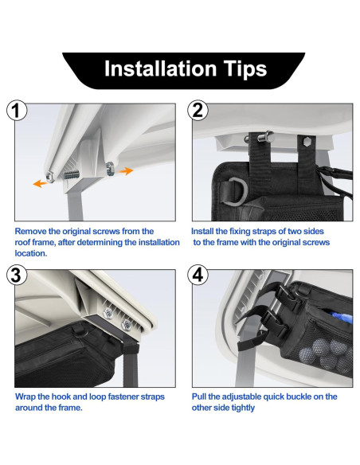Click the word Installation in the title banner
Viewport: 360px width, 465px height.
(x=160, y=68)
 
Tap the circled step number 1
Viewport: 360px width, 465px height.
(x=17, y=110)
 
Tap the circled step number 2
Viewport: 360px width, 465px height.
(x=198, y=110)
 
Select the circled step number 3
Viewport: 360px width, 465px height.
(x=17, y=275)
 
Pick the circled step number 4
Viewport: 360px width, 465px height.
(x=198, y=275)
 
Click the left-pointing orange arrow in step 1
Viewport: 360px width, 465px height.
(x=40, y=184)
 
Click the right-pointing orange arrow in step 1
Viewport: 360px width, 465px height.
(x=126, y=171)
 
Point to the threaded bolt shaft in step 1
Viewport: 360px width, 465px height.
(x=72, y=174)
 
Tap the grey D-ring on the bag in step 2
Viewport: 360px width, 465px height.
(x=236, y=191)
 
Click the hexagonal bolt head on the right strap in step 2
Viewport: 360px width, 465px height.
(x=307, y=142)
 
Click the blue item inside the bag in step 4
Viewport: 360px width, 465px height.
(x=341, y=316)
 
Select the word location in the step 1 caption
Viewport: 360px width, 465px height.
(x=31, y=253)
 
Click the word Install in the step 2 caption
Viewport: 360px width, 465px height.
(x=202, y=232)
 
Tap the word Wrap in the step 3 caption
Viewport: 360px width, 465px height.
(x=25, y=397)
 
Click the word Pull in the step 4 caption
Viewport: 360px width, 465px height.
(x=198, y=397)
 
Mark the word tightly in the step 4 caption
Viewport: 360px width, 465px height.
(x=243, y=408)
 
